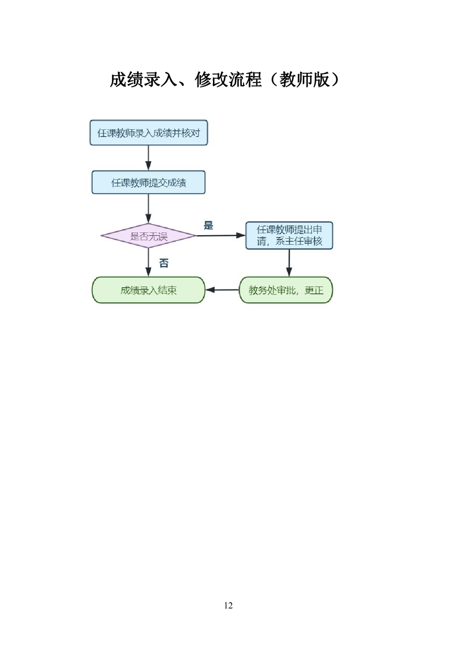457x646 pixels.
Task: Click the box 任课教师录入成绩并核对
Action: point(149,133)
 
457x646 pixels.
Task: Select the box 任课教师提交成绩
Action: point(149,183)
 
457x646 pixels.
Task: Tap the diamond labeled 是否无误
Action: point(149,236)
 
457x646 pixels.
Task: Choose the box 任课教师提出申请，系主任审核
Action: point(289,236)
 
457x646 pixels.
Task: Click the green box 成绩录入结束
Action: point(149,290)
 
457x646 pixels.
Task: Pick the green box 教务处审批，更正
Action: point(286,290)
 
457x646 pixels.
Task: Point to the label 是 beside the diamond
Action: point(208,225)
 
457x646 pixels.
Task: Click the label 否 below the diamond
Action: point(164,263)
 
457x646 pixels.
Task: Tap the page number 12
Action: point(228,605)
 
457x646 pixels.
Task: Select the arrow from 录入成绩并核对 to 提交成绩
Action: point(149,158)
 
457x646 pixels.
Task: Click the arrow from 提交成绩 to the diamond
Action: point(149,208)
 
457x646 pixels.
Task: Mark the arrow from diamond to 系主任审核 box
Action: point(221,236)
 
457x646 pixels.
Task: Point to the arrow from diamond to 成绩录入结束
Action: point(149,263)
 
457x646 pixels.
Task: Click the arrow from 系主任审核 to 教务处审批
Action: point(289,263)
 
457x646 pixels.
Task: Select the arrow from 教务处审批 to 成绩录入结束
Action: point(222,290)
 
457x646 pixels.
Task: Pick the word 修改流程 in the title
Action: point(228,79)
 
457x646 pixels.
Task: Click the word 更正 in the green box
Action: point(314,290)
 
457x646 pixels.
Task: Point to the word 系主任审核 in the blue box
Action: point(299,242)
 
